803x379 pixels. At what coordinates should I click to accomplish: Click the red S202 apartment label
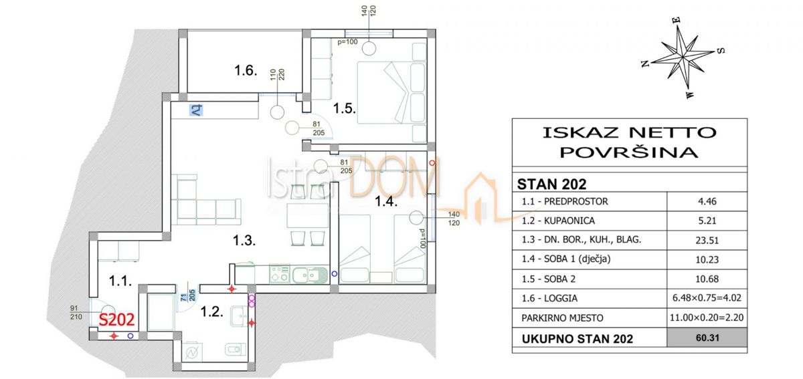tap(116, 320)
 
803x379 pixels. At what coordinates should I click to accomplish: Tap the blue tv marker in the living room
tap(196, 110)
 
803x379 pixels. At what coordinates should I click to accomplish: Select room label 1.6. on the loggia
tap(246, 70)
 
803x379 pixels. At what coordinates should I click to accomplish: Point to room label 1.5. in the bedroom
tap(344, 108)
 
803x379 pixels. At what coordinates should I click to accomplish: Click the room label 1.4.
tap(386, 201)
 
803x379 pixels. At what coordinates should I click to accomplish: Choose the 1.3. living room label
tap(244, 241)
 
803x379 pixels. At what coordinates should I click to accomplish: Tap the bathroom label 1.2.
tap(211, 311)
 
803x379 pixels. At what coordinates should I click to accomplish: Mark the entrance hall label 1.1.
tap(120, 281)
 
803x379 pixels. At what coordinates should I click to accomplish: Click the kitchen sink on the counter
tap(310, 275)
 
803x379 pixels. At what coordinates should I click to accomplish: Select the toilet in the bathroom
tap(236, 349)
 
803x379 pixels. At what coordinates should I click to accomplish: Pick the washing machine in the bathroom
tap(192, 352)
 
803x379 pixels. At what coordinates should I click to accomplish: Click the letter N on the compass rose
tap(645, 64)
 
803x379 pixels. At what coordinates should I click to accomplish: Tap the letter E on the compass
tap(676, 20)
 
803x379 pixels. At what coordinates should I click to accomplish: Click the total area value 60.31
tap(707, 338)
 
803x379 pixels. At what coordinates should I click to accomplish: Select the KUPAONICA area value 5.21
tap(707, 221)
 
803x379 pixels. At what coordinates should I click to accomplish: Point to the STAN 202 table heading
tap(551, 184)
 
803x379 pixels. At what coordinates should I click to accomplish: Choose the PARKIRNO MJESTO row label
tap(562, 318)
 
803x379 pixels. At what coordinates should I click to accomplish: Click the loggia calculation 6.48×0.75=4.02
tap(707, 298)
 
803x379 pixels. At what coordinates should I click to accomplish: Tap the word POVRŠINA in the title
tap(629, 153)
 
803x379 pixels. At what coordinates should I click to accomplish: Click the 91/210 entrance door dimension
tap(76, 312)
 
